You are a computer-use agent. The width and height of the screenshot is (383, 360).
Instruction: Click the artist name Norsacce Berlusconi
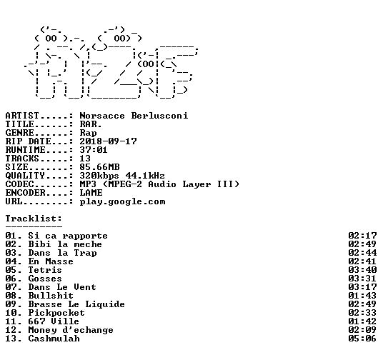[134, 116]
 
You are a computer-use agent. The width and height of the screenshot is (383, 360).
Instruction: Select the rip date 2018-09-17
[108, 141]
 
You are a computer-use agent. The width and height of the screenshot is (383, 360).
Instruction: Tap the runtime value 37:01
[94, 150]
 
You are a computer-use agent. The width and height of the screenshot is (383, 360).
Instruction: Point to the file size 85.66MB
[99, 167]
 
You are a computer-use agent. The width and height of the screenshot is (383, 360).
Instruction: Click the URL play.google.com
[122, 201]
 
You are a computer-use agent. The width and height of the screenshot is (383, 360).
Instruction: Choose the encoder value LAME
[91, 193]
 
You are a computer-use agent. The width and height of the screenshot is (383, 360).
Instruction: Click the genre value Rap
[88, 133]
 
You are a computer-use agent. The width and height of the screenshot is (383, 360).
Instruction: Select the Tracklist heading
[34, 219]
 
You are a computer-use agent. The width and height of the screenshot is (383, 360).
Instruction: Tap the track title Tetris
[45, 270]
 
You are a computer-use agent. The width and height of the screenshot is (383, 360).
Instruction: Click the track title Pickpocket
[56, 313]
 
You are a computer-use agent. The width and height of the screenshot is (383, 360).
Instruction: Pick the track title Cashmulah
[54, 339]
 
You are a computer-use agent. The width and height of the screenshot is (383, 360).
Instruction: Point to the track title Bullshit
[51, 296]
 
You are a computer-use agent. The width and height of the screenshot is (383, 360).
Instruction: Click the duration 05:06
[362, 339]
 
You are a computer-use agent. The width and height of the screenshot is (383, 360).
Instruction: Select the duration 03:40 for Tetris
[362, 270]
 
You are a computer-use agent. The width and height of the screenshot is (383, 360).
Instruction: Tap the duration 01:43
[362, 296]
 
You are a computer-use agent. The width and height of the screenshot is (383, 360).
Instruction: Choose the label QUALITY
[25, 176]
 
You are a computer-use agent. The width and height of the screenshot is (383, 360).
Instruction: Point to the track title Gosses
[45, 279]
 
